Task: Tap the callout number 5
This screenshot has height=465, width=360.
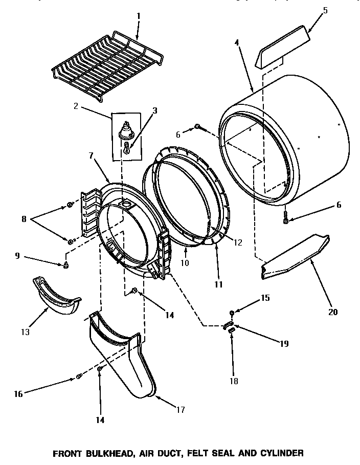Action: pyautogui.click(x=325, y=10)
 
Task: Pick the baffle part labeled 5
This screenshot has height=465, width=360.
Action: pyautogui.click(x=282, y=49)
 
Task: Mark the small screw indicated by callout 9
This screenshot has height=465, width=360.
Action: pyautogui.click(x=66, y=264)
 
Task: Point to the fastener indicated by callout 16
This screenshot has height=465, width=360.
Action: pyautogui.click(x=79, y=377)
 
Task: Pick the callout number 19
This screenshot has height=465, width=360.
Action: pyautogui.click(x=284, y=344)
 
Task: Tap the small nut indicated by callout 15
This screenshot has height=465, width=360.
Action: pyautogui.click(x=232, y=312)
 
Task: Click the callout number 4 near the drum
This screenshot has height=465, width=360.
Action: pyautogui.click(x=236, y=43)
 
